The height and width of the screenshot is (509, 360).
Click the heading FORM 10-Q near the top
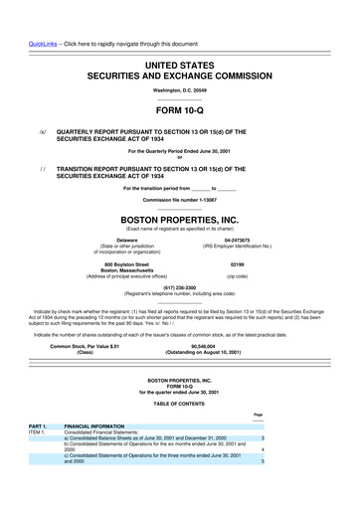(179, 110)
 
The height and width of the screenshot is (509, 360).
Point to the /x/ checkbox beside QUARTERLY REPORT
(41, 129)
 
